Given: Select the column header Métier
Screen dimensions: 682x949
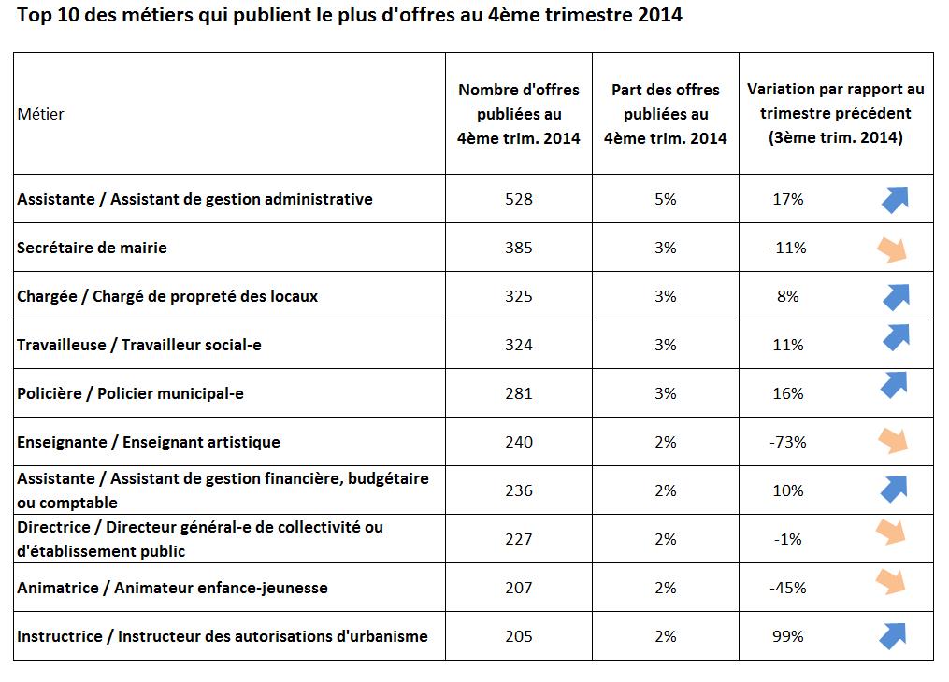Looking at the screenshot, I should tap(40, 114).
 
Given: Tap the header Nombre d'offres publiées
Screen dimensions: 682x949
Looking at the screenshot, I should tap(518, 114).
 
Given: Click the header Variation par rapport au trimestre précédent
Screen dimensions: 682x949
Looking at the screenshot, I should tap(835, 114).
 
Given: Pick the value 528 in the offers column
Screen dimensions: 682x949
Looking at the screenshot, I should tap(518, 199).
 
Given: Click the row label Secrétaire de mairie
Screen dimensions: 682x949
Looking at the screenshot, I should tap(92, 248).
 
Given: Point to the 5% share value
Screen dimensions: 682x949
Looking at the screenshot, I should tap(665, 199).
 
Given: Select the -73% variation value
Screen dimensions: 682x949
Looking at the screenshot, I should tap(787, 442).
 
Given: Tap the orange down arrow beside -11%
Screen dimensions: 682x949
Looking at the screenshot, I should tap(894, 249).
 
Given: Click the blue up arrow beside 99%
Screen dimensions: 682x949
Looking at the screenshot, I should tap(894, 636).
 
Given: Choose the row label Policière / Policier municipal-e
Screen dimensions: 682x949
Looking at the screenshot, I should tap(130, 393).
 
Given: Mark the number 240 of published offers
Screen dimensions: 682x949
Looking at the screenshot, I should tap(518, 442).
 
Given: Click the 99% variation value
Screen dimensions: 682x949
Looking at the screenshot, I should tap(787, 636).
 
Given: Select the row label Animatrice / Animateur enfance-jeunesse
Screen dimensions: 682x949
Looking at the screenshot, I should tap(172, 588).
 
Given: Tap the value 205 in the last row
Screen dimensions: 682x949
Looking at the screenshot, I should tap(518, 636).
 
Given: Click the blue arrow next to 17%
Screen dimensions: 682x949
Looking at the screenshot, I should tap(895, 199).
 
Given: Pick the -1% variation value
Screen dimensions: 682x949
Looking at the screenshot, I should tap(787, 539).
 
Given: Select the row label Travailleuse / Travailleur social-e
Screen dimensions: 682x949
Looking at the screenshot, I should tap(138, 345).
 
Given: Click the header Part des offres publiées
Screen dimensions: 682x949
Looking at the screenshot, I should tap(665, 114).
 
